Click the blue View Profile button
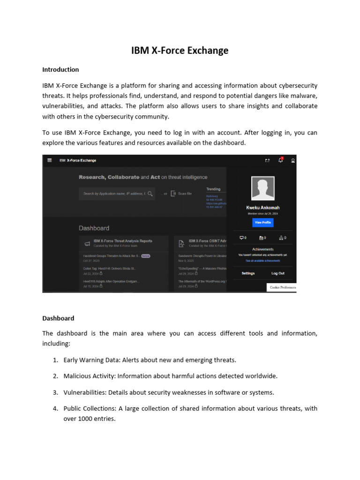(262, 222)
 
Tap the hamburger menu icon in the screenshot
(49, 160)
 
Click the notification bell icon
(280, 160)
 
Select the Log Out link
(277, 273)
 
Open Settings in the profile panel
(248, 273)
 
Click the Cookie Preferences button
(282, 287)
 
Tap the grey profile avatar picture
(262, 188)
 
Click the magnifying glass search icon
(150, 193)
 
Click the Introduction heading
(60, 69)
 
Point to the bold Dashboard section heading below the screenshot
(58, 318)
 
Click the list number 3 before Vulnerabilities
(55, 392)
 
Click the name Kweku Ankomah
(262, 207)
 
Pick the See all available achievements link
(262, 261)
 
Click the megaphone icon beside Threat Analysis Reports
(86, 243)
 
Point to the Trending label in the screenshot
(213, 189)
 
